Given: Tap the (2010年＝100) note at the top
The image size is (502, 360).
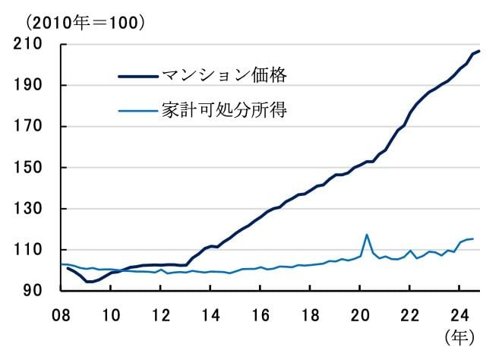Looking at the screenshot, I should point(75,22).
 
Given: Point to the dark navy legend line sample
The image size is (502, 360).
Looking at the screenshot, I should point(137,75).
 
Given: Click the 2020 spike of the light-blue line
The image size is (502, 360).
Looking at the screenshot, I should point(368,235).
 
